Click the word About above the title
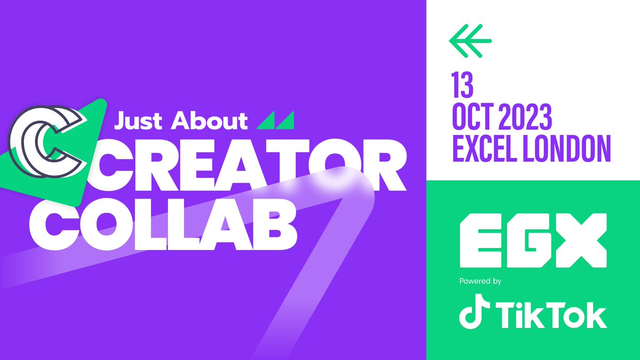(209, 121)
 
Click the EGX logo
(533, 241)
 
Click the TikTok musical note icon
(471, 315)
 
